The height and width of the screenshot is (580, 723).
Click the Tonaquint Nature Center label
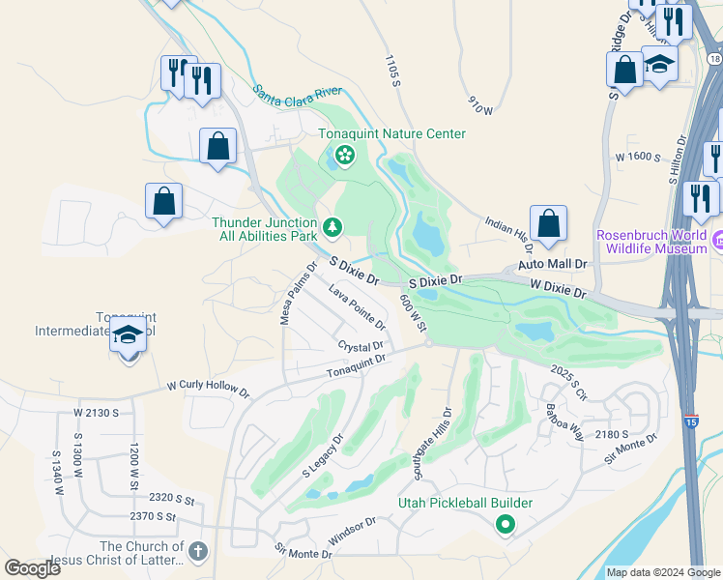point(392,133)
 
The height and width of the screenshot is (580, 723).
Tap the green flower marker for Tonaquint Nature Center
point(343,155)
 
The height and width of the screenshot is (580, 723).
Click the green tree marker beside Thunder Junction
point(333,227)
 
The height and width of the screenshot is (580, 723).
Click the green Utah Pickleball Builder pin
point(504,526)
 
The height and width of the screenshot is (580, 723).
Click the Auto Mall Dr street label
point(552,263)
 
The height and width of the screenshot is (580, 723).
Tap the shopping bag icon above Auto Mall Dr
point(548,223)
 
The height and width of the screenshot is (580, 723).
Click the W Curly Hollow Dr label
point(207,389)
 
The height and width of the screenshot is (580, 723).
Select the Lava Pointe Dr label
point(357,302)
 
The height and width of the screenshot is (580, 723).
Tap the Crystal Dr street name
point(361,346)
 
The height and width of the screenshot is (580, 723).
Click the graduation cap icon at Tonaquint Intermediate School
point(129,335)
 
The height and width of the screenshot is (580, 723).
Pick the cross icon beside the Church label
point(197,551)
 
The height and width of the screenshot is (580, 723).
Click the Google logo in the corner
point(32,567)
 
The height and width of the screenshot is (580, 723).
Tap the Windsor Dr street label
point(353,529)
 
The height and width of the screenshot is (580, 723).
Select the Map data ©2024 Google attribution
point(663,571)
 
